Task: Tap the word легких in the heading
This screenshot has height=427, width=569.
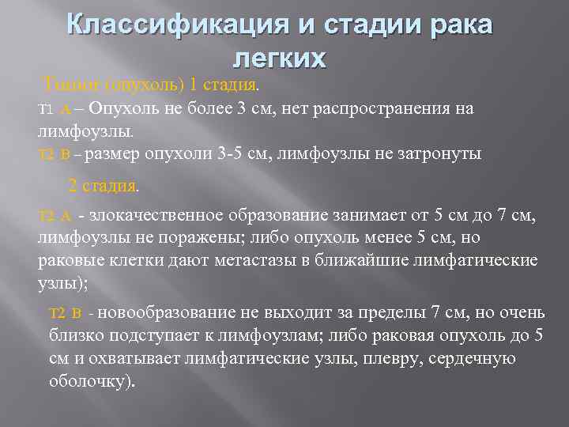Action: tap(281, 58)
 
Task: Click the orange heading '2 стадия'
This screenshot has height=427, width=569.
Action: tap(104, 187)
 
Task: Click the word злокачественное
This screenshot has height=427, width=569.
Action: tap(159, 216)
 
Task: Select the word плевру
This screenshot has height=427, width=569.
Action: tap(401, 358)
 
